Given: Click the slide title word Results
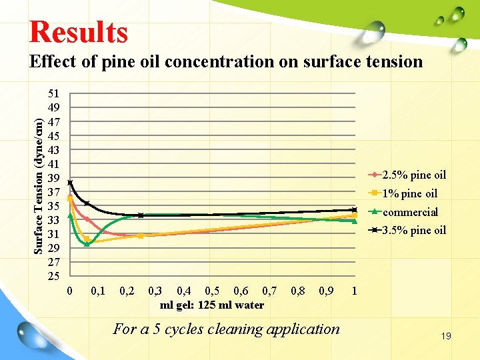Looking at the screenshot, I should (78, 31).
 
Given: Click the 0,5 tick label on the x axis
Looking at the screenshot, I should (213, 291).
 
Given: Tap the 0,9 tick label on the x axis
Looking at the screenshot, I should (327, 291).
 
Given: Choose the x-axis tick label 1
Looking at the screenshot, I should (355, 291).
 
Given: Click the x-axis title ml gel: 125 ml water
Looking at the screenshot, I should (212, 305).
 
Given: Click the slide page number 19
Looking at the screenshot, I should (445, 336).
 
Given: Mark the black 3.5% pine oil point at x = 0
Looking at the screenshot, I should (70, 183).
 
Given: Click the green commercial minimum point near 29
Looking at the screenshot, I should (87, 244).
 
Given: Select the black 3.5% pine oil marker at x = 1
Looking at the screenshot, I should (355, 210).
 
